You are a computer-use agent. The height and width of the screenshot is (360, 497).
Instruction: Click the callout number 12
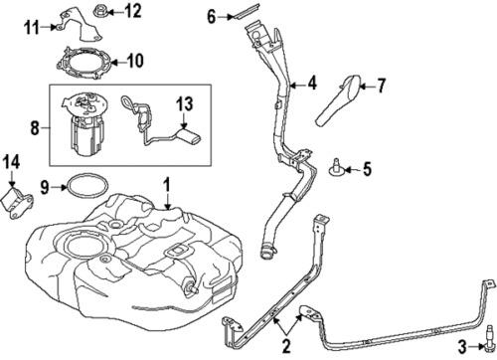point(132,12)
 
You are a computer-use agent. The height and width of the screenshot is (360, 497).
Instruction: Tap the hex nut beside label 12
point(100,10)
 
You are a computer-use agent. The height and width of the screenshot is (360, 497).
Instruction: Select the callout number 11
point(32,27)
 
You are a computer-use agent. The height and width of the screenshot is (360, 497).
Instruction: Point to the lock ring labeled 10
point(83,63)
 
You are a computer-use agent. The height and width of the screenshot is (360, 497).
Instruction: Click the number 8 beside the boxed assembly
point(35,127)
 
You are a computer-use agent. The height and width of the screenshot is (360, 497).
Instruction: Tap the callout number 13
point(185,103)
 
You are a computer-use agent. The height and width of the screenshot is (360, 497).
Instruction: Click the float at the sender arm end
point(189,136)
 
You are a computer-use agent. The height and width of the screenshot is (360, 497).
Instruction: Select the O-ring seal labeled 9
point(87,186)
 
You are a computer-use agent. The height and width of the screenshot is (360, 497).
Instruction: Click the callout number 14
point(12,162)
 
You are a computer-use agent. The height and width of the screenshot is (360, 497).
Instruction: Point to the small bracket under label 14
point(17,203)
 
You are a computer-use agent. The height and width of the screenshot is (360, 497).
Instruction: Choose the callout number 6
point(212,16)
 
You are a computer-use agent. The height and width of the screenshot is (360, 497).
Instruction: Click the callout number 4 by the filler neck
point(312,83)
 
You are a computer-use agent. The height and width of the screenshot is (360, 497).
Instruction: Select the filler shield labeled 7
point(337,100)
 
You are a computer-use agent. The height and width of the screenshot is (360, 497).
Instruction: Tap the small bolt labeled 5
point(336,168)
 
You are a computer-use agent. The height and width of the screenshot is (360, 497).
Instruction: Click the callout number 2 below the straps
point(286,346)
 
